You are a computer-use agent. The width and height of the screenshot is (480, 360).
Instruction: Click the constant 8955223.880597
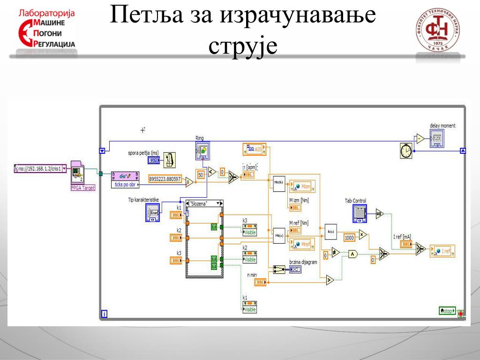(165, 178)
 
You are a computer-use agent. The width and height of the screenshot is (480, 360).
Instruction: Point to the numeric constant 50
(201, 174)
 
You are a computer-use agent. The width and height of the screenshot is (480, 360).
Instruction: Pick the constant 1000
(349, 238)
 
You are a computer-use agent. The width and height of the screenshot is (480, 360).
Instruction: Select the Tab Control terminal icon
(359, 213)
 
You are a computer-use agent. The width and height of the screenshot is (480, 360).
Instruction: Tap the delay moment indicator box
(436, 138)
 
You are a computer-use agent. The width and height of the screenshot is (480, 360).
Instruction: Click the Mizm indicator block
(302, 187)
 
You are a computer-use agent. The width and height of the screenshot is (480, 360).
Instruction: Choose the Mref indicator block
(302, 244)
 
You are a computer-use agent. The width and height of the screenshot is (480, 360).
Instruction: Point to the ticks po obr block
(125, 179)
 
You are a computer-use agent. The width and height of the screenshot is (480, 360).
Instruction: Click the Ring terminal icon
(202, 150)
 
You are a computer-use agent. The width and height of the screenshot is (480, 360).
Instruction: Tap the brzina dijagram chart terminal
(295, 270)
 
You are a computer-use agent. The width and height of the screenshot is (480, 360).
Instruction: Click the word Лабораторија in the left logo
(46, 13)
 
